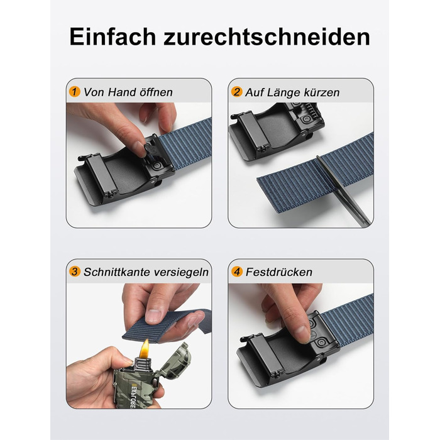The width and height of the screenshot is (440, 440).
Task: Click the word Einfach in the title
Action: tap(113, 36)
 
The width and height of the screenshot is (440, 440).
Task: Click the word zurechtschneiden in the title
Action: tap(267, 36)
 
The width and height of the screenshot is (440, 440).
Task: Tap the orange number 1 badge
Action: tap(74, 92)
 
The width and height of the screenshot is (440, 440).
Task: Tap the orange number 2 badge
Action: tap(236, 92)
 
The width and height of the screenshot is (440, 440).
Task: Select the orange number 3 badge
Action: tap(74, 272)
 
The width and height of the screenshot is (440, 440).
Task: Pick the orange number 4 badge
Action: tap(236, 272)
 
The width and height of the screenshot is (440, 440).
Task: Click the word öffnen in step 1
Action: tap(156, 92)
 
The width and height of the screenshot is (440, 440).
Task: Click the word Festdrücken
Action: tap(279, 272)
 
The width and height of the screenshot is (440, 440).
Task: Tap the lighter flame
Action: tap(145, 349)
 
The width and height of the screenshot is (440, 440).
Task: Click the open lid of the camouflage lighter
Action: tap(175, 360)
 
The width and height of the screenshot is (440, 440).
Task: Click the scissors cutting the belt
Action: tap(343, 191)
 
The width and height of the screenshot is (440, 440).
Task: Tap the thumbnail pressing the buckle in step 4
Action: tap(302, 334)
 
